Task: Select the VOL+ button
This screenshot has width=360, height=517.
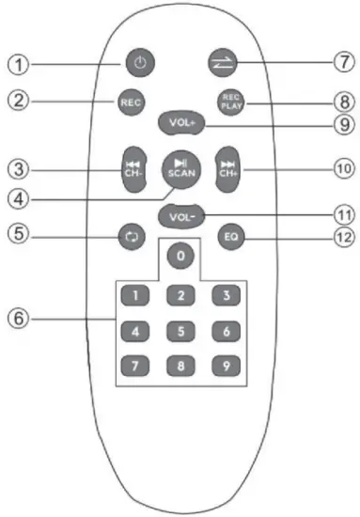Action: click(x=179, y=123)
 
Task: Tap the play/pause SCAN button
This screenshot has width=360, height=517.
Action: click(x=178, y=168)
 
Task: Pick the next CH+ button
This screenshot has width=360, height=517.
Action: click(x=229, y=166)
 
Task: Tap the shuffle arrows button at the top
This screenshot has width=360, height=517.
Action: click(x=222, y=64)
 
